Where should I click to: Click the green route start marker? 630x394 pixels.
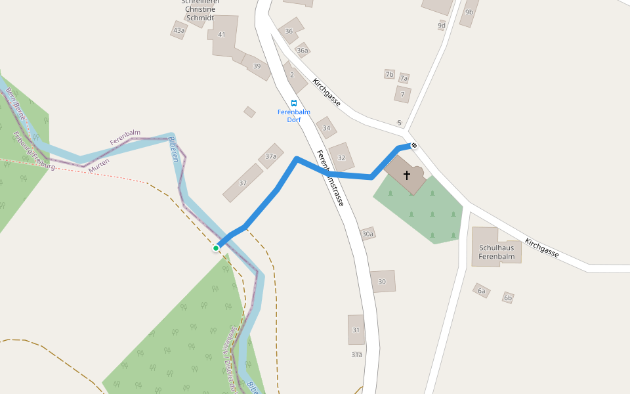coord(215,248)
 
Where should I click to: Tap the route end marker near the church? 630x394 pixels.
coord(414,145)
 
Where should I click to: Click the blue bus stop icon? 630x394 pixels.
coord(294,103)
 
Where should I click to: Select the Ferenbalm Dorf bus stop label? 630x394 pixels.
coord(294,116)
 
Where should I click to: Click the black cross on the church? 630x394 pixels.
coord(407,175)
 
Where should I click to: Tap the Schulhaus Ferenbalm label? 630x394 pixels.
coord(495,252)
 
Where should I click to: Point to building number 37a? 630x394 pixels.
coord(271,156)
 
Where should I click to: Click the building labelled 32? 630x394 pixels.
coord(341,158)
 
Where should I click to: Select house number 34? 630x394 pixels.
coord(326,127)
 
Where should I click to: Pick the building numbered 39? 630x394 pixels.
coord(257,66)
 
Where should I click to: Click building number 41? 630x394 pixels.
coord(222,35)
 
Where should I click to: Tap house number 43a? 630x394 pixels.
coord(178,30)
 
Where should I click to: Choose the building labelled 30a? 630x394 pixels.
coord(367,234)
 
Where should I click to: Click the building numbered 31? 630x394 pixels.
coord(356,330)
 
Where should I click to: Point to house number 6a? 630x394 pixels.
coord(482,290)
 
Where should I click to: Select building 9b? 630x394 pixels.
coord(469,12)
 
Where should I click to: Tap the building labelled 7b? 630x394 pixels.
coord(390,74)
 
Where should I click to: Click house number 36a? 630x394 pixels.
coord(302,50)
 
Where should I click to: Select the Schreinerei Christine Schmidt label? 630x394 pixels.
coord(200,10)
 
